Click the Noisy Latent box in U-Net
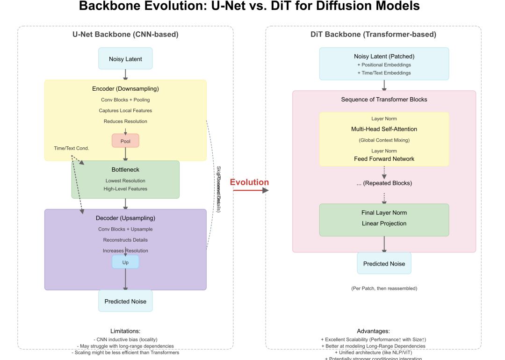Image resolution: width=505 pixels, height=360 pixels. click(x=125, y=59)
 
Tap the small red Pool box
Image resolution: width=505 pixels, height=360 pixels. click(x=125, y=141)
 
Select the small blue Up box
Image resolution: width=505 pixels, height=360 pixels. click(x=125, y=262)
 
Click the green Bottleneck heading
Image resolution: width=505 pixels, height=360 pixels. click(x=125, y=170)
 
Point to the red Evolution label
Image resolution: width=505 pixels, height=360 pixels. click(x=249, y=182)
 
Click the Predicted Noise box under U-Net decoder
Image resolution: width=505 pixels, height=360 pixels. click(x=125, y=301)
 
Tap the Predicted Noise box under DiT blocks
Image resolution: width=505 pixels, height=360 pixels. click(x=384, y=264)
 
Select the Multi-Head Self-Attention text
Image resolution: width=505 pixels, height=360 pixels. click(x=384, y=129)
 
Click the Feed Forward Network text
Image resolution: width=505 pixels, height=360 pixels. click(x=384, y=159)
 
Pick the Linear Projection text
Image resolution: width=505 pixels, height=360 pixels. click(x=384, y=223)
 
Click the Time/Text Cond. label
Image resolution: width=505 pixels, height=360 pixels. click(x=72, y=148)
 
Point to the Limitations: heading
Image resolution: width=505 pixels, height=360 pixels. click(x=125, y=331)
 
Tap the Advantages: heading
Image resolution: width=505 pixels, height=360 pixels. click(x=373, y=331)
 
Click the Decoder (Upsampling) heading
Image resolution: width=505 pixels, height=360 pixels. click(x=125, y=218)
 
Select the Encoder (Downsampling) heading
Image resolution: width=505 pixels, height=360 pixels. click(x=125, y=89)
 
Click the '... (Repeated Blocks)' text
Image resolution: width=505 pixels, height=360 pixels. click(x=384, y=183)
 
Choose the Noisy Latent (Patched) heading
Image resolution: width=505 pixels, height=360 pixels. click(x=384, y=57)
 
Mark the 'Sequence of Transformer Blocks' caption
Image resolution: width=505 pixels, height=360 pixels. click(x=384, y=100)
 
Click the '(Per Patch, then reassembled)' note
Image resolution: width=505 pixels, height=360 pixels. click(x=384, y=288)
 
